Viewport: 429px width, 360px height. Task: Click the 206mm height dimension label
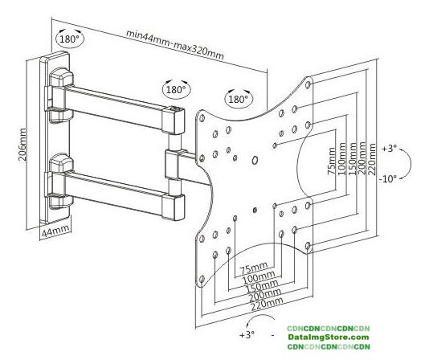point(22,145)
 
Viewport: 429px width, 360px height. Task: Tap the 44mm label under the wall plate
point(55,231)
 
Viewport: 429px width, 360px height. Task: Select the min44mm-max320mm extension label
point(175,44)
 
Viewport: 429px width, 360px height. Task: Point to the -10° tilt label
point(387,179)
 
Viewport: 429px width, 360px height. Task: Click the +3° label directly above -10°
point(389,149)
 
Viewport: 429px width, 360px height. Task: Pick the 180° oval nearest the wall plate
point(69,39)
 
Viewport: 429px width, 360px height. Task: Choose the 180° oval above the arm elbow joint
point(176,89)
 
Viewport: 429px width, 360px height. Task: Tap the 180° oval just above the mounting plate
point(239,99)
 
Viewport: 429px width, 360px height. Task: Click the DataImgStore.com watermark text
point(328,337)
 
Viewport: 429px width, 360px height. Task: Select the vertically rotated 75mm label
point(332,161)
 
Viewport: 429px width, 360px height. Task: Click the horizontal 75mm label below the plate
point(254,268)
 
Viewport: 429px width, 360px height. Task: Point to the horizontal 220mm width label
point(267,305)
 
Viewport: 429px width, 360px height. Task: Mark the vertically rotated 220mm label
point(372,159)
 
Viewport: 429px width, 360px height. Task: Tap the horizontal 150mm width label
point(262,287)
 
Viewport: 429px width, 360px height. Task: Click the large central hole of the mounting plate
point(255,161)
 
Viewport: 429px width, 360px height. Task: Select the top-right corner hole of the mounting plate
point(308,84)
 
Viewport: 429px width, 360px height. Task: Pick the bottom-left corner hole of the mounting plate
point(202,279)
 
